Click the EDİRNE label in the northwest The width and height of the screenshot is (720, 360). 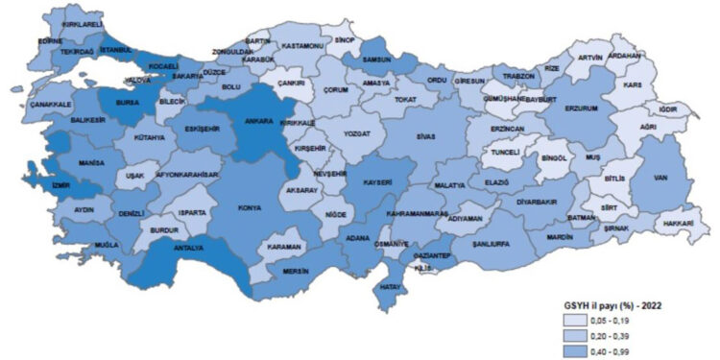pyautogui.click(x=50, y=41)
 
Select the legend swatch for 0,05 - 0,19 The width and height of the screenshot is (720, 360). pyautogui.click(x=578, y=322)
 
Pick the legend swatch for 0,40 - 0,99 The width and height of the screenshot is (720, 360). pyautogui.click(x=578, y=351)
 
